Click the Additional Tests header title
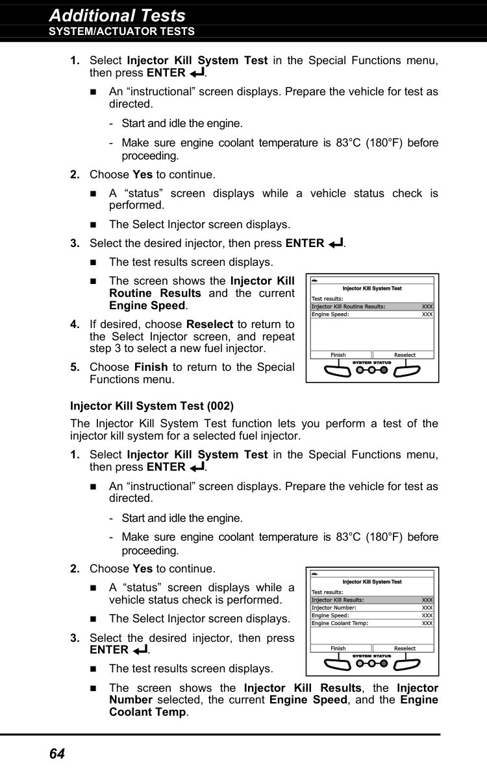coord(117,15)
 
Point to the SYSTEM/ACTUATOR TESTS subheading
coord(121,31)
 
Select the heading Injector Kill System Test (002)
coord(151,406)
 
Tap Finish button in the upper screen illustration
coord(338,355)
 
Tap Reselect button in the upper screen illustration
coord(405,355)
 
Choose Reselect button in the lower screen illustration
coord(405,648)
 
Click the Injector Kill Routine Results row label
coord(349,307)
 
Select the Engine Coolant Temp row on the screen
coord(340,623)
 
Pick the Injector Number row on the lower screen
coord(334,608)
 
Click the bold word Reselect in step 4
coord(209,324)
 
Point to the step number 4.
coord(75,324)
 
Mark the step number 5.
coord(75,367)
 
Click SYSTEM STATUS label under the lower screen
coord(371,656)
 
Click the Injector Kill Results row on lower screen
coord(338,600)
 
